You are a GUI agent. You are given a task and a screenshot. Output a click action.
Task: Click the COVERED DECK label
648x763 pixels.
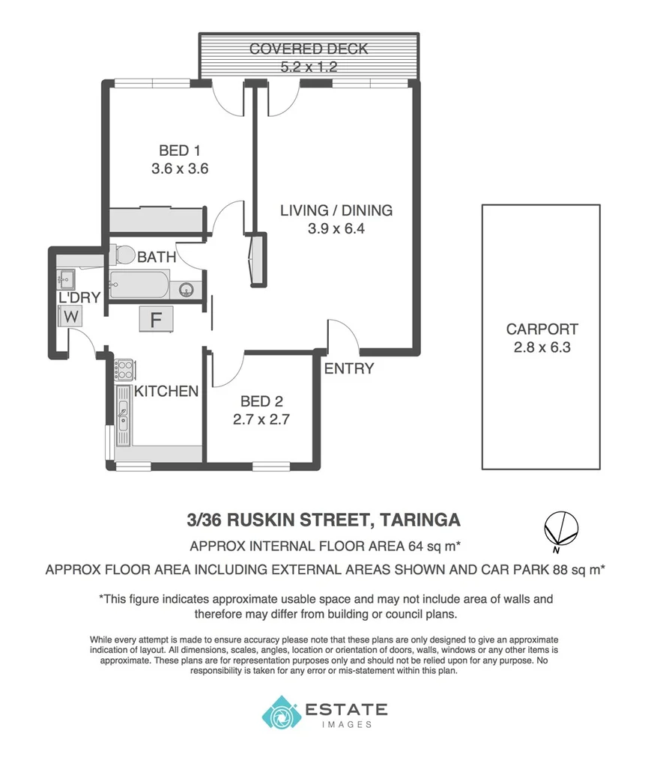tap(309, 49)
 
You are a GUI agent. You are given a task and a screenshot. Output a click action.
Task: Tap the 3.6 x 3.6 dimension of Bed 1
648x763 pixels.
tap(179, 169)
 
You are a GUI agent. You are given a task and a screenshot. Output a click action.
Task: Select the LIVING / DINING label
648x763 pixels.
tap(336, 210)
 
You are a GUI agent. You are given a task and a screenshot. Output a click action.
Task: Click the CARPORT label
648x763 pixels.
tap(542, 329)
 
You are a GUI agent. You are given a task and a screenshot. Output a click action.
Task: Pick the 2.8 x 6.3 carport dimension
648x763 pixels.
tap(542, 347)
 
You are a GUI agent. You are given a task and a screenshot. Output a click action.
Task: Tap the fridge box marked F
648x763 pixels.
tap(157, 320)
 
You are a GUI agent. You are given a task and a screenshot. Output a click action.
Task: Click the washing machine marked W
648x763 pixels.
tap(71, 317)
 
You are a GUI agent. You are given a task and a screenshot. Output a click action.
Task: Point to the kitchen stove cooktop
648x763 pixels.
tap(124, 370)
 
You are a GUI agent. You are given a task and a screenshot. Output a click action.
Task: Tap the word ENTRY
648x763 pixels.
tap(348, 368)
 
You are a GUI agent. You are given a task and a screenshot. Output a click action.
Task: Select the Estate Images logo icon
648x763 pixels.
tap(279, 712)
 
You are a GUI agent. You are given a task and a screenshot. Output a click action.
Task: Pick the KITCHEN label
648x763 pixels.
tap(166, 391)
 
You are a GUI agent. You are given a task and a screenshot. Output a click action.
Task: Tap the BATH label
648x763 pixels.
tap(157, 257)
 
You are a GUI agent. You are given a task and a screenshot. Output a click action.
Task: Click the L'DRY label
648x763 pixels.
tap(79, 298)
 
